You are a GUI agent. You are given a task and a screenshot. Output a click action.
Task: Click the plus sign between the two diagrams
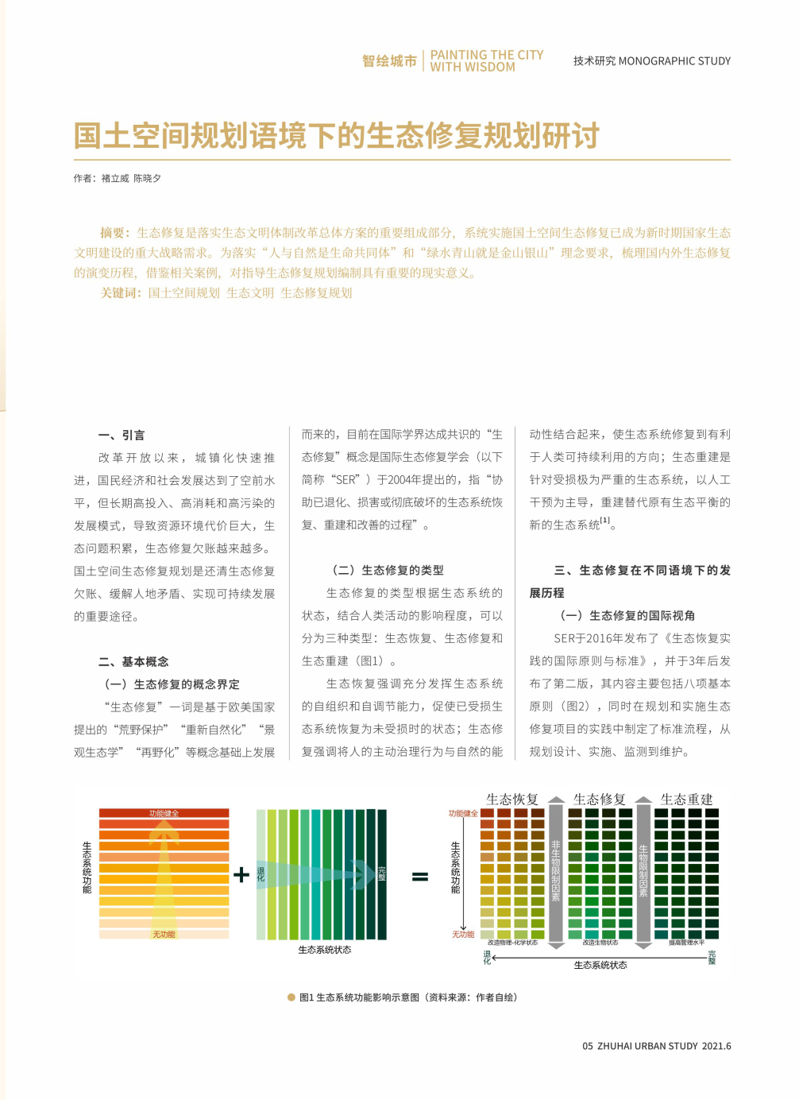241,874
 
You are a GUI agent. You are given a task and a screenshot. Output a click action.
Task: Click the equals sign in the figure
419,877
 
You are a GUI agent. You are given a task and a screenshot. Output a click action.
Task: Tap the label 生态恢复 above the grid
512,799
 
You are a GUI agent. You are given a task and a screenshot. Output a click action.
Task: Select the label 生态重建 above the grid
686,799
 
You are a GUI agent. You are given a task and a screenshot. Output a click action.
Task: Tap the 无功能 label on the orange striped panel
164,934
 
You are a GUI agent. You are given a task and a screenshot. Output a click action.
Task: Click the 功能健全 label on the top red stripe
164,813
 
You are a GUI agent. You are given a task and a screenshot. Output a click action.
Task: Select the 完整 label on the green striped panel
381,873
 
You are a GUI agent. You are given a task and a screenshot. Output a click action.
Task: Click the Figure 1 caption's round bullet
291,997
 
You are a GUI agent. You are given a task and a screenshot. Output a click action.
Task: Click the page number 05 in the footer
588,1046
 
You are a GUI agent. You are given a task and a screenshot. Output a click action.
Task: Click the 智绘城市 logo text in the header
389,61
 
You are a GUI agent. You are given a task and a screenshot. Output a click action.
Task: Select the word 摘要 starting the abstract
114,232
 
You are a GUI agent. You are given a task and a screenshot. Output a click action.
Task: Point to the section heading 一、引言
122,435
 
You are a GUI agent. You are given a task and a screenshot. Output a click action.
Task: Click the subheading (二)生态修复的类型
388,570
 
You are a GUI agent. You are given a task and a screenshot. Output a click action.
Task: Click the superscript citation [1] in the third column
605,521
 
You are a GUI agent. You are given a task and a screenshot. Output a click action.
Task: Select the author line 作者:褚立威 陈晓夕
118,179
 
